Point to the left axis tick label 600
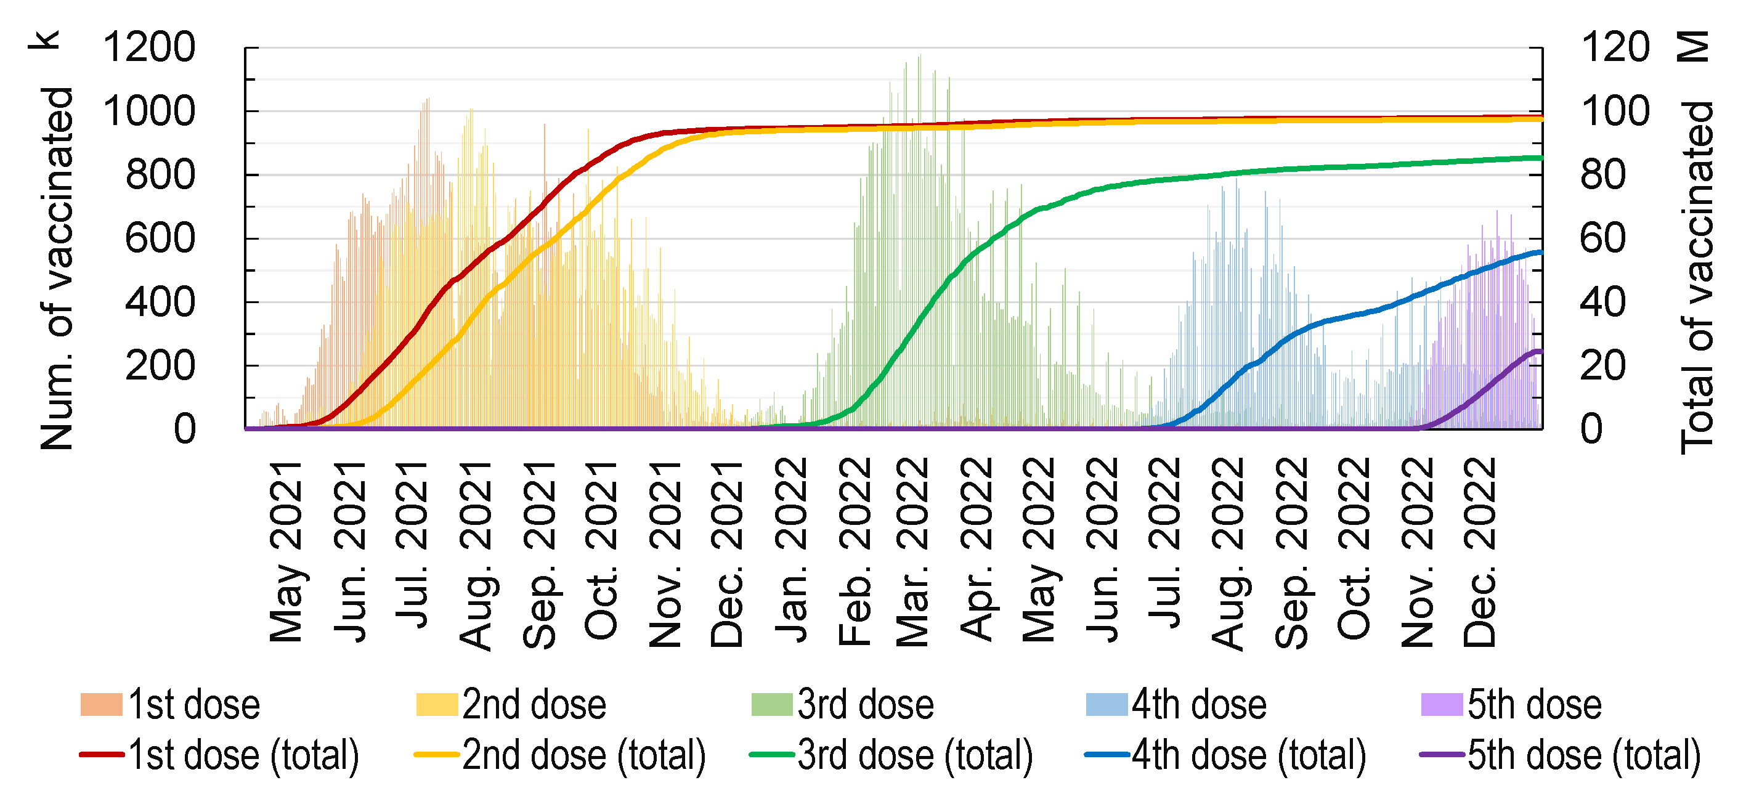click(x=160, y=238)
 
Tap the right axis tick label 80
click(x=1602, y=175)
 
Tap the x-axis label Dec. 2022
click(x=1480, y=552)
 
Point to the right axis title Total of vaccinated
click(x=1696, y=277)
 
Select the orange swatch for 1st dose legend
click(x=101, y=704)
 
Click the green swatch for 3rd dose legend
click(x=772, y=704)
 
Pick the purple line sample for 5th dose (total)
click(x=1442, y=754)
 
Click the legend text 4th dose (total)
click(x=1249, y=754)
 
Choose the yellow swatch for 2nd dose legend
click(x=437, y=704)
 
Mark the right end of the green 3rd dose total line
click(x=1541, y=158)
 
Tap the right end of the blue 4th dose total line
click(x=1541, y=252)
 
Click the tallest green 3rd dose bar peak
click(x=920, y=57)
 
